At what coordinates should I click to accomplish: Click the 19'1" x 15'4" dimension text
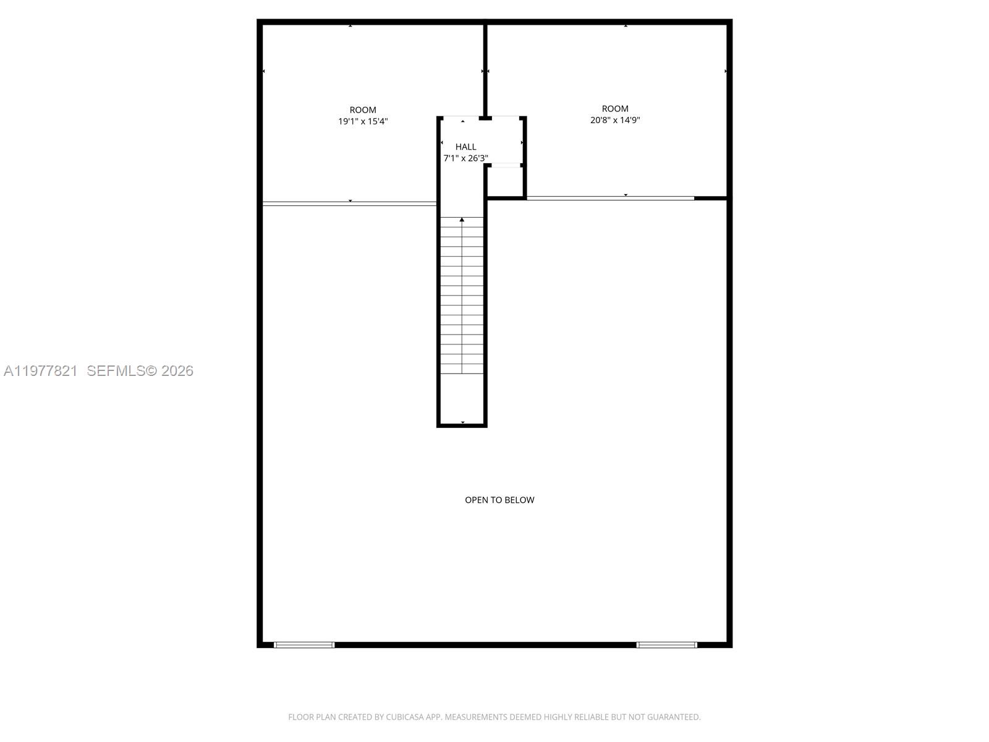pyautogui.click(x=363, y=121)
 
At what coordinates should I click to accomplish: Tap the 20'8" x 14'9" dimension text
pyautogui.click(x=615, y=120)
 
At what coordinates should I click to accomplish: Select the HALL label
pyautogui.click(x=465, y=147)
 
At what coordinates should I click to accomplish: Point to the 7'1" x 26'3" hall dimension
pyautogui.click(x=465, y=158)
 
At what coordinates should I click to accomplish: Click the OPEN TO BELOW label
pyautogui.click(x=499, y=500)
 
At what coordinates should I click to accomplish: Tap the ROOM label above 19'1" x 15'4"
pyautogui.click(x=363, y=110)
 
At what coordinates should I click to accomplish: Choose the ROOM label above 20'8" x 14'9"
pyautogui.click(x=615, y=109)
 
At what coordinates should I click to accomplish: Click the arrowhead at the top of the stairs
pyautogui.click(x=462, y=220)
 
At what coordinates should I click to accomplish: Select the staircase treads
pyautogui.click(x=462, y=297)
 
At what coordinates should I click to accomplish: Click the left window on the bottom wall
pyautogui.click(x=304, y=645)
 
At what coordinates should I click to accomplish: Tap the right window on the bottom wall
pyautogui.click(x=667, y=645)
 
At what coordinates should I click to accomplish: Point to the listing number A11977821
pyautogui.click(x=41, y=371)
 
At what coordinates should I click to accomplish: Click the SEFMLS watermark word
pyautogui.click(x=116, y=371)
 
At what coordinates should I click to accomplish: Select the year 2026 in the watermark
pyautogui.click(x=177, y=371)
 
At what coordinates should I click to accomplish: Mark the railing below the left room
pyautogui.click(x=350, y=203)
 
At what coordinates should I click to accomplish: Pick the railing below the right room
pyautogui.click(x=610, y=198)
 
